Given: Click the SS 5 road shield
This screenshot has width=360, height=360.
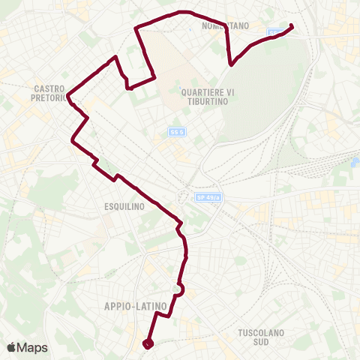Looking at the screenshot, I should [175, 132].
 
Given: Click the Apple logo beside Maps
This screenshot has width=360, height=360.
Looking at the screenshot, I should [11, 347].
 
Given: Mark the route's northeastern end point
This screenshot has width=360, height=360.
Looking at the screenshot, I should [291, 28].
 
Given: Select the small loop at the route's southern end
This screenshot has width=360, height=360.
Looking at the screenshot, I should [147, 343].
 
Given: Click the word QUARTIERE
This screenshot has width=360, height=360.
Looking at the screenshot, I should [195, 91].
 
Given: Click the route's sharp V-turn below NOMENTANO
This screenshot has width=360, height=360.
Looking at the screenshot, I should [232, 64].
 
